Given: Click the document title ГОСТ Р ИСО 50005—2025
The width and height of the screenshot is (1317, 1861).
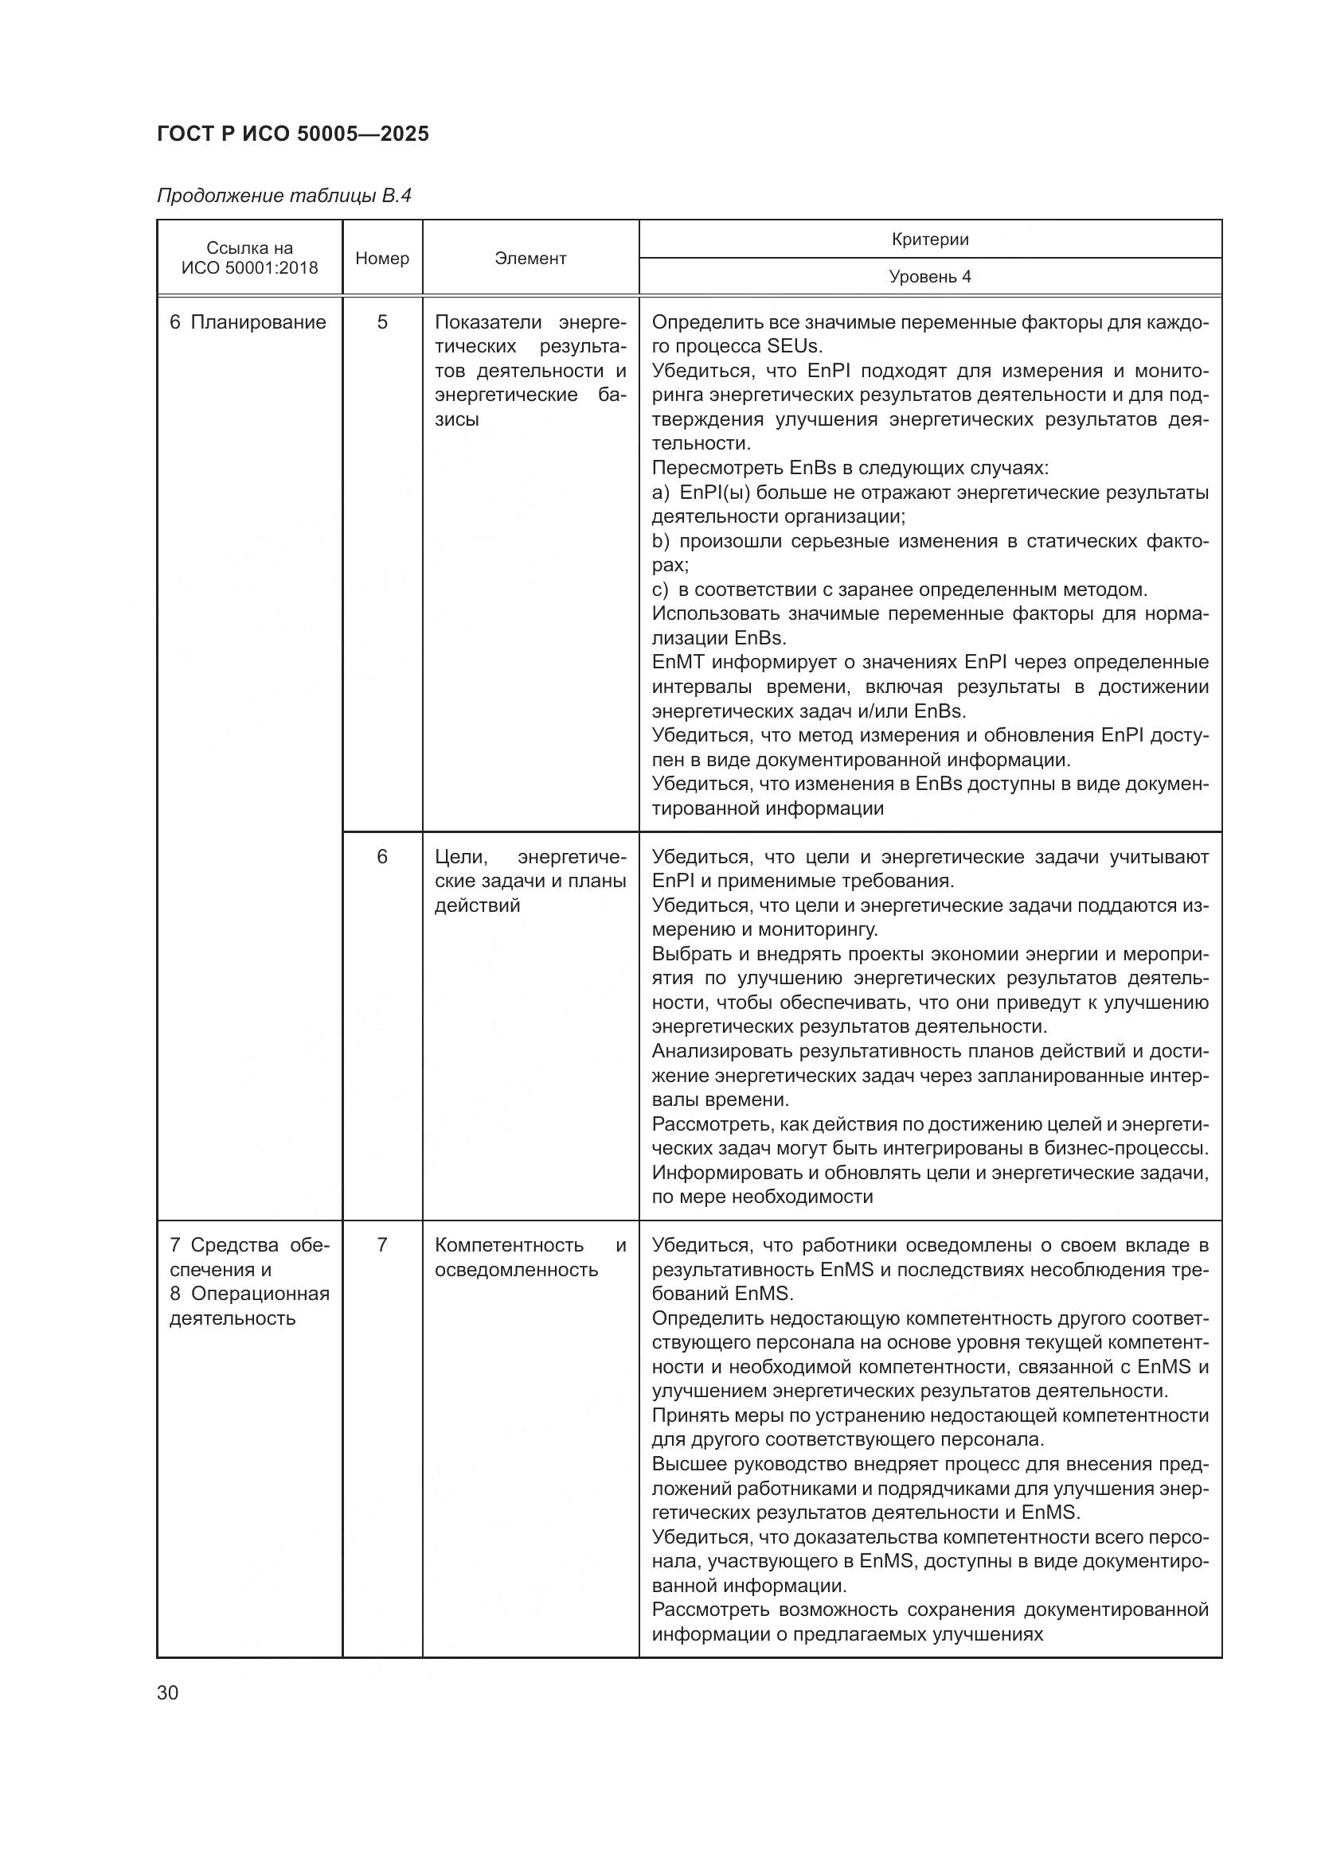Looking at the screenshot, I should [x=293, y=134].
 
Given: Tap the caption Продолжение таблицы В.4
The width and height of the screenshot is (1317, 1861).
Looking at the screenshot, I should [x=283, y=197].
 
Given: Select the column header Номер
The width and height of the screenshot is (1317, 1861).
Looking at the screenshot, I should [x=382, y=259].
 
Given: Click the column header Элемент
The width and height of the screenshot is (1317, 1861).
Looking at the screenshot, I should [x=530, y=259].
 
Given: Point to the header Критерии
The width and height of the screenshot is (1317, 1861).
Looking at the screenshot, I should [x=929, y=239].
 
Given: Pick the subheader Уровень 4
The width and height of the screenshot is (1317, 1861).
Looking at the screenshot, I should [x=929, y=277].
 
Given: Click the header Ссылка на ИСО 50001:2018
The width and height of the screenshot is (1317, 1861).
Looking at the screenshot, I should [x=249, y=258].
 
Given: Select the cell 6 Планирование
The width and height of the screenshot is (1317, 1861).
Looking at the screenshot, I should [x=248, y=322].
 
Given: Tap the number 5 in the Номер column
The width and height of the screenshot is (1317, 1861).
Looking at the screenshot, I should [x=382, y=322].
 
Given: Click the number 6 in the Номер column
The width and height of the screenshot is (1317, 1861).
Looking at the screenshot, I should [x=382, y=857].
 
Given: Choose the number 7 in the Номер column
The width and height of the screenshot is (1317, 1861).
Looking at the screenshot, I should [x=382, y=1245].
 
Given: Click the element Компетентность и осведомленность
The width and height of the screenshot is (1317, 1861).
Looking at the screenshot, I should [x=530, y=1257].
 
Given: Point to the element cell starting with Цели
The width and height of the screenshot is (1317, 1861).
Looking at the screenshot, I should [x=530, y=881].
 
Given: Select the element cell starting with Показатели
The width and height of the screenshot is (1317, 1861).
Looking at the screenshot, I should [x=530, y=371].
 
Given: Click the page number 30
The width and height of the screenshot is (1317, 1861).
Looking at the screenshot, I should [x=168, y=1692].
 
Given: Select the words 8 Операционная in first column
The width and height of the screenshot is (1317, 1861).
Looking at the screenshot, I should [x=249, y=1294].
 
